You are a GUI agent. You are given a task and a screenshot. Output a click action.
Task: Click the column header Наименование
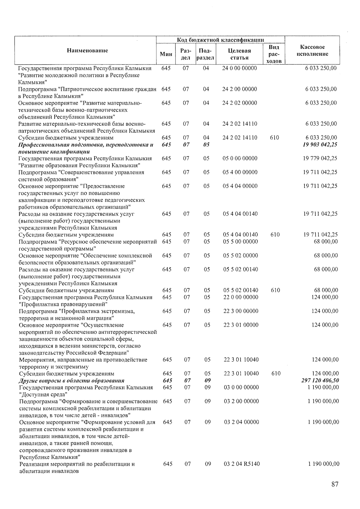click(87, 50)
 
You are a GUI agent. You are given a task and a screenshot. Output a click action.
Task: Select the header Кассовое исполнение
click(312, 51)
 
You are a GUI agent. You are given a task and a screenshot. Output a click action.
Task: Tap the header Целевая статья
click(239, 54)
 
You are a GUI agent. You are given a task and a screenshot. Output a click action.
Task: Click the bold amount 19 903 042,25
click(320, 145)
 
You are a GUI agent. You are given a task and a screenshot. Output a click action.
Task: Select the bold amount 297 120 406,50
click(320, 381)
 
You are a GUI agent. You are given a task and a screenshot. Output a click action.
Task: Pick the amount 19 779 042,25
click(320, 158)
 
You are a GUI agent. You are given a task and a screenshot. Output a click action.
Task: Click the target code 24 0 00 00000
click(239, 68)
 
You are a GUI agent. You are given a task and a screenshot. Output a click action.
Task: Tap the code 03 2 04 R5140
click(242, 464)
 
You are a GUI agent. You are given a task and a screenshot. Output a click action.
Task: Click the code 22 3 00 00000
click(241, 311)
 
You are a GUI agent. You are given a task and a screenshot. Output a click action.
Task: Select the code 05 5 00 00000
click(241, 242)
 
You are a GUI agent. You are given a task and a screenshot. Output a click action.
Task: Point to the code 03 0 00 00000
click(241, 388)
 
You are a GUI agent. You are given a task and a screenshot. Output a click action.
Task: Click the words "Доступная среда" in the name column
click(43, 394)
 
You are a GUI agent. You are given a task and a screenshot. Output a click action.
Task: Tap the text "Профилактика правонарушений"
click(61, 304)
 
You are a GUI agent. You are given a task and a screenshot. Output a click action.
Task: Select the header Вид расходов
click(274, 54)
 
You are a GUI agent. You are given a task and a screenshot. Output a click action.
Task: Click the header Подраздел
click(205, 54)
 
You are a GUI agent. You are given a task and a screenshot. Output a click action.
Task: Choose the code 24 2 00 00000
click(240, 89)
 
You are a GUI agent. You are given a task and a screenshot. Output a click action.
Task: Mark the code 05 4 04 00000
click(240, 186)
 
